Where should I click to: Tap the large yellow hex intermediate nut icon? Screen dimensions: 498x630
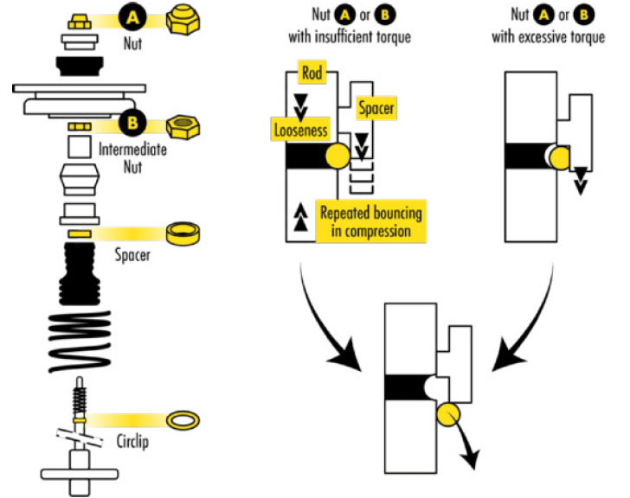pos(184,126)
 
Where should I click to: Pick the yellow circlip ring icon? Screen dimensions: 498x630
pos(183,420)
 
